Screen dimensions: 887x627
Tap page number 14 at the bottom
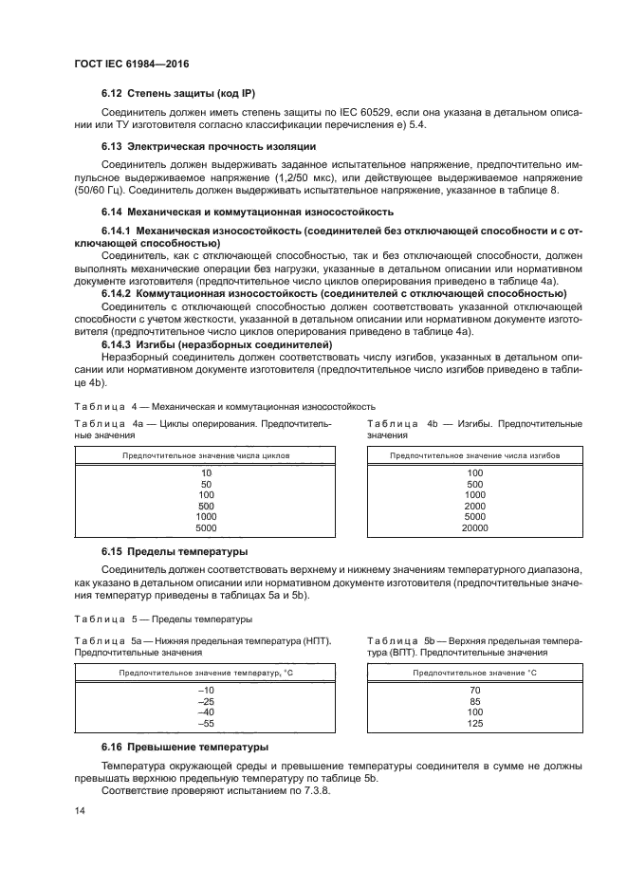81,812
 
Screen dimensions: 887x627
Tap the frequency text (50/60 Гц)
101,190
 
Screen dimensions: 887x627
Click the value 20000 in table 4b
474,527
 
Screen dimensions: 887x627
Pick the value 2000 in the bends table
474,506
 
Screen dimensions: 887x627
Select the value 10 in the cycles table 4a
206,471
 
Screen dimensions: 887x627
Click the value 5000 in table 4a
206,527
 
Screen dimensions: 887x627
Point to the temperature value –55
206,724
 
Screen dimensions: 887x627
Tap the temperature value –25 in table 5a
206,701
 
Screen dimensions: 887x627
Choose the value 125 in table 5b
474,724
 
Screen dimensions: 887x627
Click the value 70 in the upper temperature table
474,690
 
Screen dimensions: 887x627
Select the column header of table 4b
474,455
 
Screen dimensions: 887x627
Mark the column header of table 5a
206,673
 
